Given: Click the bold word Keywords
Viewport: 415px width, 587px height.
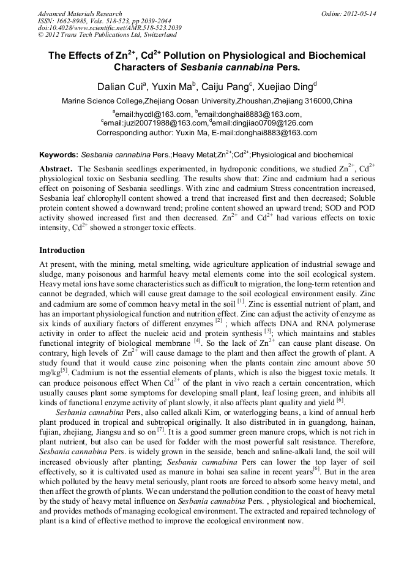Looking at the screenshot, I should (x=58, y=155).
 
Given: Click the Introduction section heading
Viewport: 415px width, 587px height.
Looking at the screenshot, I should (x=62, y=250).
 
